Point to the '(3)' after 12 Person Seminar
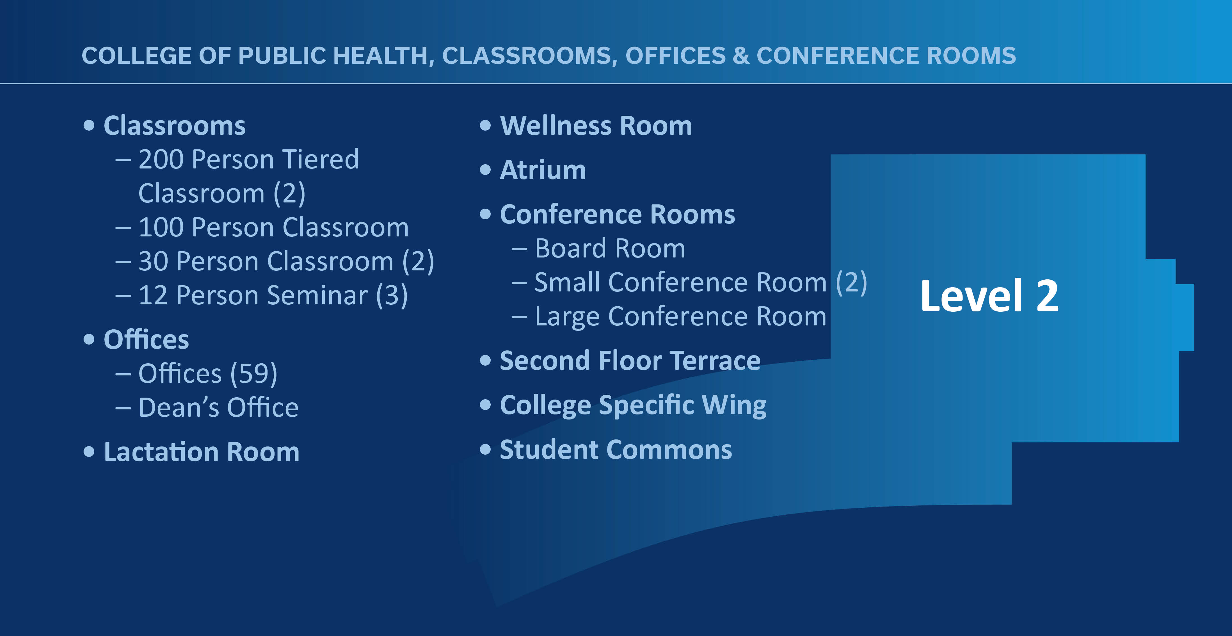(392, 295)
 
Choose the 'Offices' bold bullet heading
(146, 340)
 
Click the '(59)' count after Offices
(253, 374)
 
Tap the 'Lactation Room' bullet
(201, 452)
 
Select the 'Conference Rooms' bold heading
(617, 215)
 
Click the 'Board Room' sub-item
(610, 249)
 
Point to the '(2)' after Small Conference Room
(851, 282)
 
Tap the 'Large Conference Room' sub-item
(680, 316)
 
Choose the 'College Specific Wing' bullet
(633, 405)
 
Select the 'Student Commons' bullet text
(616, 450)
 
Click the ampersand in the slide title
(741, 56)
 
